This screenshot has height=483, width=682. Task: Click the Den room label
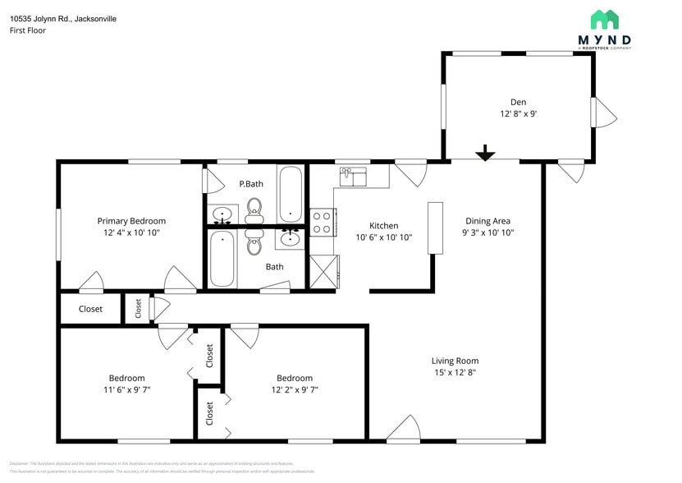tap(518, 102)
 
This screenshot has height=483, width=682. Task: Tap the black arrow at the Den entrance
tap(486, 153)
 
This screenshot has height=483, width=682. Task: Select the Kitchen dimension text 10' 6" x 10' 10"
tap(383, 237)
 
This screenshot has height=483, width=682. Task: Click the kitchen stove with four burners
tap(321, 222)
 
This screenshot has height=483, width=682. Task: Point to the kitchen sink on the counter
tap(353, 175)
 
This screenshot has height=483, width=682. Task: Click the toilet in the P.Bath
tap(254, 209)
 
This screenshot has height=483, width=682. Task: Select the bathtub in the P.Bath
tap(291, 195)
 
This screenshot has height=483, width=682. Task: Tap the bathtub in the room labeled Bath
tap(222, 258)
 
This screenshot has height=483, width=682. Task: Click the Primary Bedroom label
tap(131, 221)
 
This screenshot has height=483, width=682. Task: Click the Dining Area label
tap(488, 221)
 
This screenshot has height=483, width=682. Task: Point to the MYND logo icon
tap(605, 21)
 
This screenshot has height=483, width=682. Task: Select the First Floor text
tap(28, 30)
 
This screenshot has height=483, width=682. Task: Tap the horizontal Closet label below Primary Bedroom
tap(90, 309)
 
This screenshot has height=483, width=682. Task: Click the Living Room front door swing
tap(403, 428)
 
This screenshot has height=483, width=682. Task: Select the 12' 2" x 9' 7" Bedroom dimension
tap(294, 389)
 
